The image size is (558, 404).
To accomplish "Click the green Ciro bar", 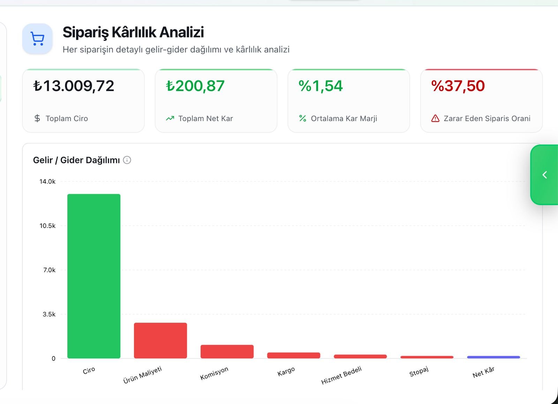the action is tap(94, 276).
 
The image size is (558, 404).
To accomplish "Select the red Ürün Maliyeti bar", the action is tap(160, 341).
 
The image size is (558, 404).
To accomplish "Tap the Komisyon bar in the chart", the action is tap(227, 352).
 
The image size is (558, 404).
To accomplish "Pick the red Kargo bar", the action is tap(294, 356).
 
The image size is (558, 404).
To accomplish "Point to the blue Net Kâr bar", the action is tap(493, 357).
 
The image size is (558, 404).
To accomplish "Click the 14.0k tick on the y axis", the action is tap(47, 181).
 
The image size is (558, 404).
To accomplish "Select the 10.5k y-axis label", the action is tap(47, 226).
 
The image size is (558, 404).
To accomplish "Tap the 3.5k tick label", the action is tap(49, 314).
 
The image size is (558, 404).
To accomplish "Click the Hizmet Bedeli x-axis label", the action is tap(341, 375).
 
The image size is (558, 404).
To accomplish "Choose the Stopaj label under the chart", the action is tap(419, 371).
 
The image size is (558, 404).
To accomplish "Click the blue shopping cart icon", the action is tap(37, 39).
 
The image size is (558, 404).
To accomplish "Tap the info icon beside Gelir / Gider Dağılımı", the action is tap(127, 160).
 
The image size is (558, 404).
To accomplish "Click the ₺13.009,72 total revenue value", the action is tap(74, 86).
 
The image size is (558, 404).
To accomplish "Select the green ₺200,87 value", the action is tap(195, 86).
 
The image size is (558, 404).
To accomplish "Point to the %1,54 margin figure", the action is tap(321, 86).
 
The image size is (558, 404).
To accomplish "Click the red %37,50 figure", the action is tap(458, 86).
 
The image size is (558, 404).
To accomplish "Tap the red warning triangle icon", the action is tap(435, 118).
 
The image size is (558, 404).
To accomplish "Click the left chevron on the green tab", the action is tap(544, 175).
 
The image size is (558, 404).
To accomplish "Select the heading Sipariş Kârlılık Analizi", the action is tap(133, 32).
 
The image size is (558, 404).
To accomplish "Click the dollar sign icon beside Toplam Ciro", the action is tap(37, 118).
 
